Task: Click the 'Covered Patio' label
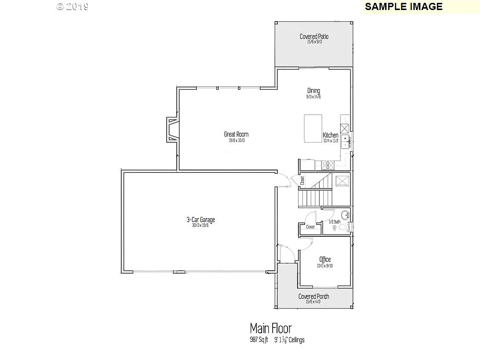[314, 36]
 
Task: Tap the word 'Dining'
[314, 91]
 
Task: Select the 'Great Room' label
[236, 134]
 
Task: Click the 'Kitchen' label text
[331, 135]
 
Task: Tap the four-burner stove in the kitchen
[329, 165]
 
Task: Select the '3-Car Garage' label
[201, 220]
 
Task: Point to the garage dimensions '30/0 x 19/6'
[201, 225]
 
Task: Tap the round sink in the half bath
[344, 213]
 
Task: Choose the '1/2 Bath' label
[334, 222]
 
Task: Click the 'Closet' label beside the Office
[310, 227]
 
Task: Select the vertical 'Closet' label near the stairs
[302, 180]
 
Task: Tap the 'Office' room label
[325, 259]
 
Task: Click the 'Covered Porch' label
[314, 296]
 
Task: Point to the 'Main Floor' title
[270, 328]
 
